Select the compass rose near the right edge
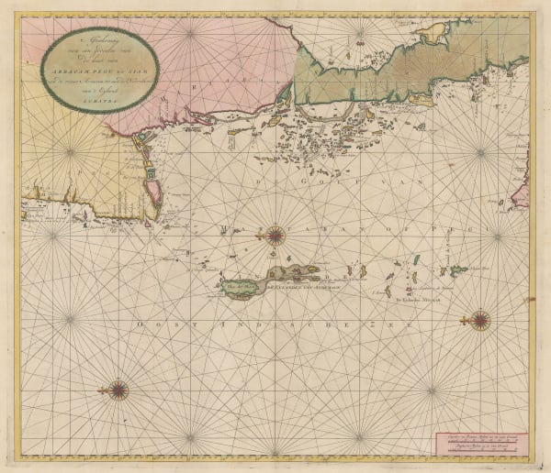(481, 320)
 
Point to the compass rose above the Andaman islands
(274, 236)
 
